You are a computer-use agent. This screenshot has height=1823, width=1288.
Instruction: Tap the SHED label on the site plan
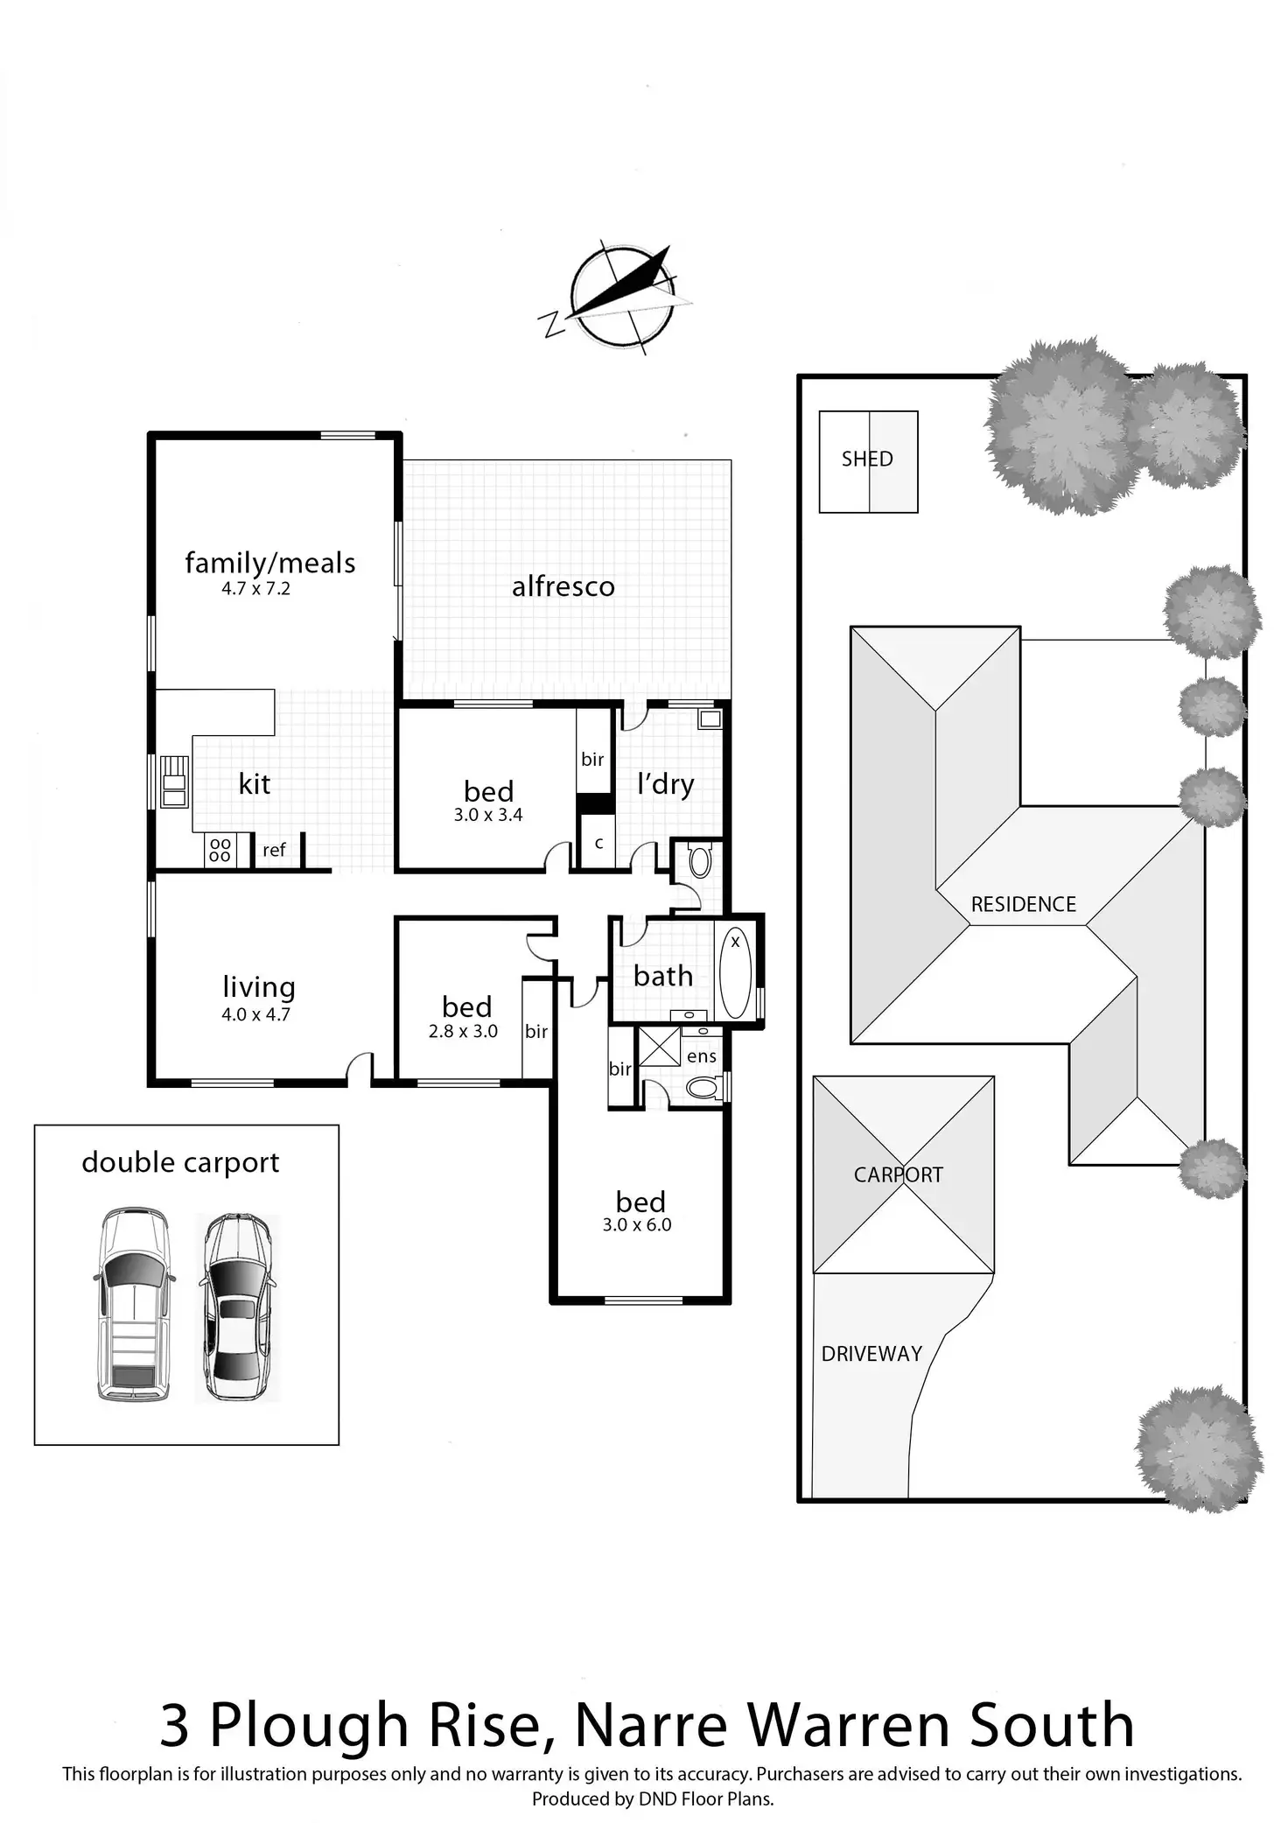[x=867, y=459]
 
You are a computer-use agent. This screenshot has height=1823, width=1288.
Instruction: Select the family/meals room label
[x=270, y=563]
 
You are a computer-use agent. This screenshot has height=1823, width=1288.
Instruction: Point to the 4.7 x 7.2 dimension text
[x=255, y=589]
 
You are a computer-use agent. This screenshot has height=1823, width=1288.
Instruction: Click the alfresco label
[x=563, y=586]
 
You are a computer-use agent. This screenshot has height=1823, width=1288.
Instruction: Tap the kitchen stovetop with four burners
[x=220, y=851]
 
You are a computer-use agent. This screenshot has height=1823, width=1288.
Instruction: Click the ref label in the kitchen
[x=274, y=850]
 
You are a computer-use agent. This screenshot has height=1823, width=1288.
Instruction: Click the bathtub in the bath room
[x=735, y=972]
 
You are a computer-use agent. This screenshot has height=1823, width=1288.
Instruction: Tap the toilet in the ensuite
[x=702, y=1088]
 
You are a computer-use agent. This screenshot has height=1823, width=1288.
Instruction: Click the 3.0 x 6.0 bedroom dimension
[x=637, y=1225]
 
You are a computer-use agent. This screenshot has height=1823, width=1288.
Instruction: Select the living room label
[x=259, y=987]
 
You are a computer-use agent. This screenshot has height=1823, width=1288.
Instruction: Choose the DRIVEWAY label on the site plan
[x=871, y=1354]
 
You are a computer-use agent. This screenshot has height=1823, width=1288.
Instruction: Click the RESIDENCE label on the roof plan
[x=1024, y=904]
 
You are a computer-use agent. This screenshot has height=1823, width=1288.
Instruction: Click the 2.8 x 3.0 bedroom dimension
[x=463, y=1032]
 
